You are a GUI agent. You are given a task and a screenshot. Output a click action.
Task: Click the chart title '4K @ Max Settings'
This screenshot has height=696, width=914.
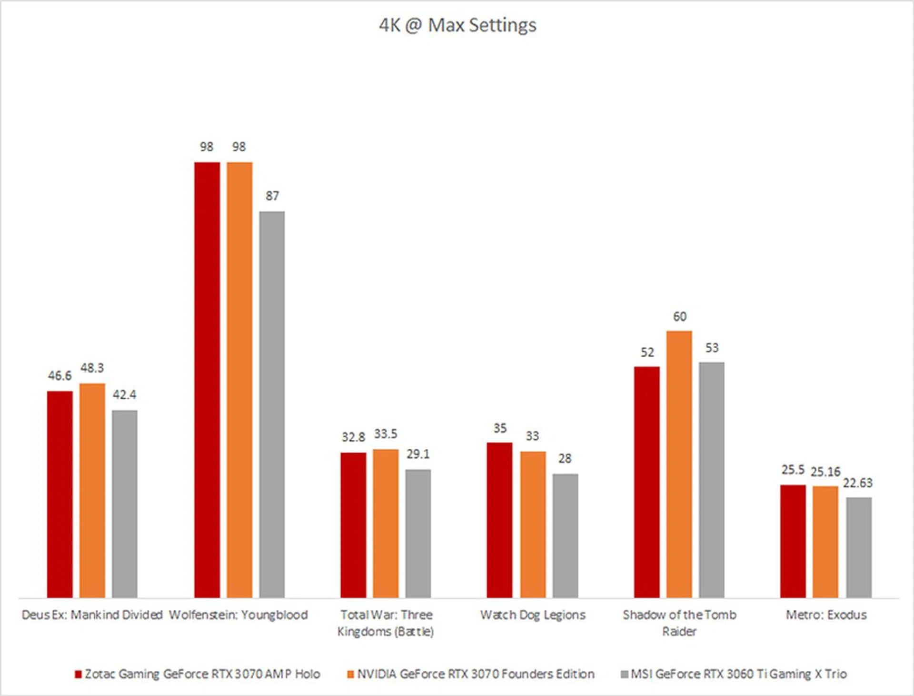point(457,25)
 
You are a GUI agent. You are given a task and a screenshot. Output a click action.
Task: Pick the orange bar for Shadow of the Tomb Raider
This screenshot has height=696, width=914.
point(679,464)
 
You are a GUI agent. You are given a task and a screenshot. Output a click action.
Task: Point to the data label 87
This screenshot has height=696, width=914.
point(272,196)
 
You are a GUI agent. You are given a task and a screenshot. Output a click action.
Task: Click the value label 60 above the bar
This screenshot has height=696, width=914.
point(679,317)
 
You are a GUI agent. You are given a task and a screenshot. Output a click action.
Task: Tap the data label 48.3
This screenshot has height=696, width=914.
point(92,368)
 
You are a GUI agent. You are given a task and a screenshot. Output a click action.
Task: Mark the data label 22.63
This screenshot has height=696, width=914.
point(857,483)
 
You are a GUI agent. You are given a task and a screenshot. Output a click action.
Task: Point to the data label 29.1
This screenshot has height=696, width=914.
point(418,454)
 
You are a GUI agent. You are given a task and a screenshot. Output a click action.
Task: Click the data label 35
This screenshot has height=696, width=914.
point(500,428)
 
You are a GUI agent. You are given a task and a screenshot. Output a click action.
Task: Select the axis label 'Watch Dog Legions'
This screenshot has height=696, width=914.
point(533,615)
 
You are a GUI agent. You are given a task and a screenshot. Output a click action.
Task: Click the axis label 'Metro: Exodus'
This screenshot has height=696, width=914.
point(826,615)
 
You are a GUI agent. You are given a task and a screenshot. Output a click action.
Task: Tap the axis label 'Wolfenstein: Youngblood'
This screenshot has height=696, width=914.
point(238,615)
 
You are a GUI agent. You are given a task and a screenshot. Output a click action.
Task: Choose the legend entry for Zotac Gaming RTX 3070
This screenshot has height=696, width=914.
point(198,674)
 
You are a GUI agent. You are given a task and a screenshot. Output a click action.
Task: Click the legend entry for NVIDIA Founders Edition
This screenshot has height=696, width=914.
point(471,674)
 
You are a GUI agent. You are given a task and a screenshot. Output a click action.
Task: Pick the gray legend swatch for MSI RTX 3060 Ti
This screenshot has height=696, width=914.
point(625,675)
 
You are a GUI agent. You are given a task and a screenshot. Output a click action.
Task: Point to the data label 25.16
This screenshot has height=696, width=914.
point(825,472)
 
